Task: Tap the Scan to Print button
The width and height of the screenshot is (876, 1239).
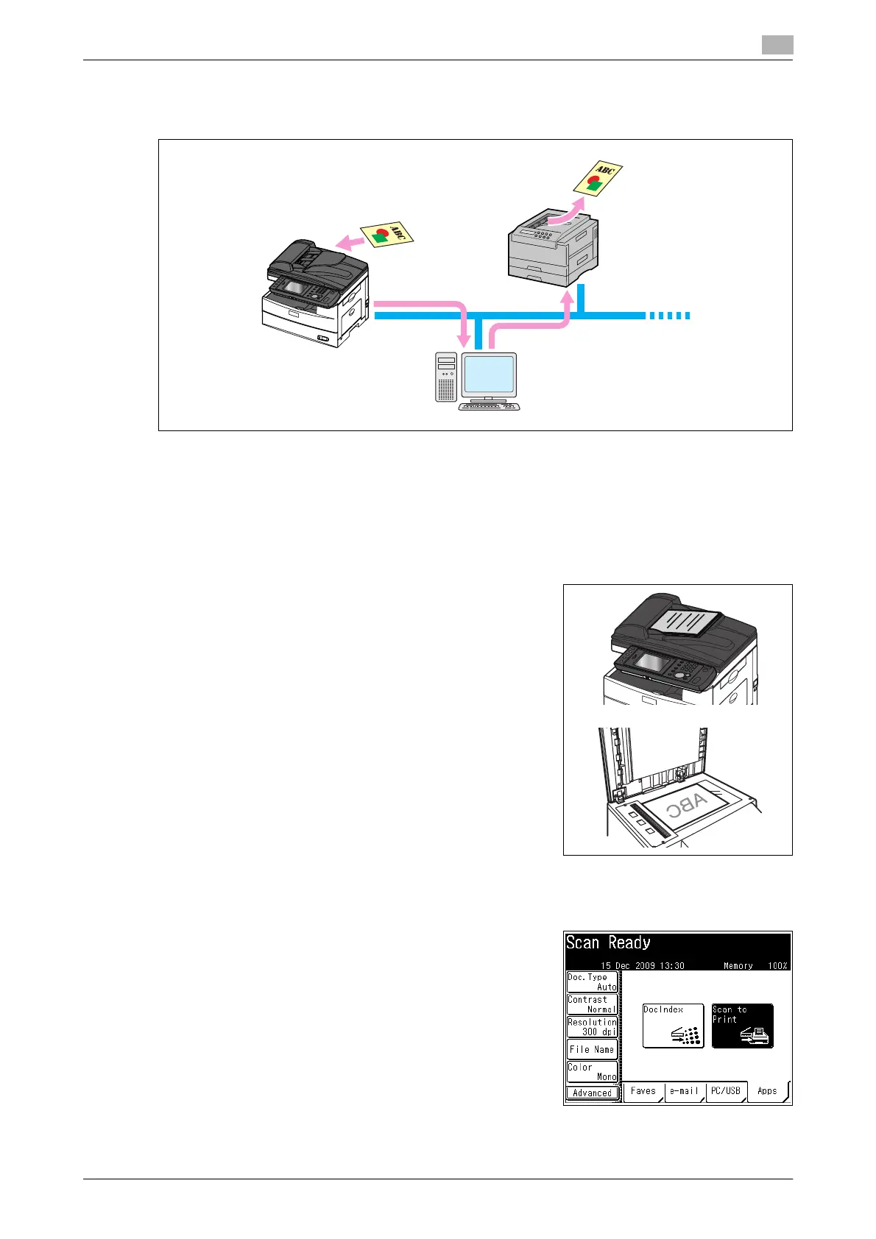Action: (x=742, y=1026)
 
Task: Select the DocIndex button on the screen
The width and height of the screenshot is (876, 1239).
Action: (x=673, y=1026)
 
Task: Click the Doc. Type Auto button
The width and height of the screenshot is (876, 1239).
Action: (x=592, y=982)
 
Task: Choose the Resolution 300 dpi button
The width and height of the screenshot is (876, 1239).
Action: (x=592, y=1027)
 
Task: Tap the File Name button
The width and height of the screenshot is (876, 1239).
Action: (x=592, y=1050)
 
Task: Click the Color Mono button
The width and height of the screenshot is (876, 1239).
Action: (x=592, y=1071)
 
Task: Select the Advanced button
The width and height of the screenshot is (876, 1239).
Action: (x=592, y=1093)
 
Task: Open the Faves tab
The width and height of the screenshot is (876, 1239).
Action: (x=643, y=1091)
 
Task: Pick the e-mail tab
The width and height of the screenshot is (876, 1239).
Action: (x=685, y=1091)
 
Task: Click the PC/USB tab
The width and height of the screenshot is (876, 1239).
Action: (x=726, y=1091)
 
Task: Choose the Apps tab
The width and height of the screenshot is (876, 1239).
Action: (x=767, y=1091)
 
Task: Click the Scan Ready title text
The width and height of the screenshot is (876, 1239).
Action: (x=608, y=943)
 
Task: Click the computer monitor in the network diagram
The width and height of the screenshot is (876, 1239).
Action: (x=489, y=374)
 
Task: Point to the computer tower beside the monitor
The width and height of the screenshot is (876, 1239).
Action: (x=446, y=377)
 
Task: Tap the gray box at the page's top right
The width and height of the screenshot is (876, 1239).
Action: (x=777, y=45)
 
